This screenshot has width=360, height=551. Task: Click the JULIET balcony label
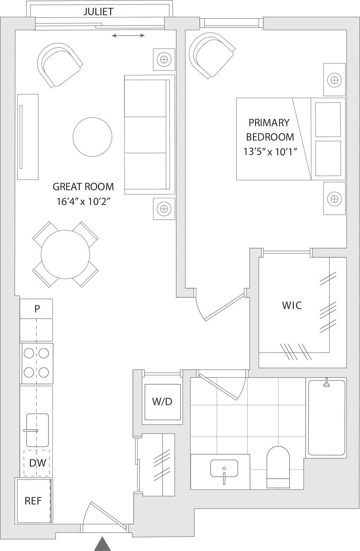click(98, 12)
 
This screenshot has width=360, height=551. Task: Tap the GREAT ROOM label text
click(83, 187)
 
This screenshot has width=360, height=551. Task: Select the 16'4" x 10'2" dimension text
click(83, 202)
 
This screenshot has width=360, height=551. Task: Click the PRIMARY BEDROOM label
click(269, 130)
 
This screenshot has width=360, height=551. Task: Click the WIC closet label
click(292, 306)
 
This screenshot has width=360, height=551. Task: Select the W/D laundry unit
click(162, 402)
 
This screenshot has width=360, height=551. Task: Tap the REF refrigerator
click(33, 501)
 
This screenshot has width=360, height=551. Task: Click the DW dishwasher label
click(37, 463)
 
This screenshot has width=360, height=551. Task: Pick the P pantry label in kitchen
click(37, 309)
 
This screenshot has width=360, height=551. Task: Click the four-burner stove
click(36, 363)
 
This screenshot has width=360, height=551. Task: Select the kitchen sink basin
click(37, 430)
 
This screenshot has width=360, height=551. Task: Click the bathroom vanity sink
click(224, 469)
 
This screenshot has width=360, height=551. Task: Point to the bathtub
click(326, 417)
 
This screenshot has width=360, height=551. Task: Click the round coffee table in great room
click(92, 137)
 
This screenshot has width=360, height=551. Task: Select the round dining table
click(65, 255)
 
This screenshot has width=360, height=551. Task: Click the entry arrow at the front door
click(103, 544)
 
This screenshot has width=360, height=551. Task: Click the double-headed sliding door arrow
click(128, 36)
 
